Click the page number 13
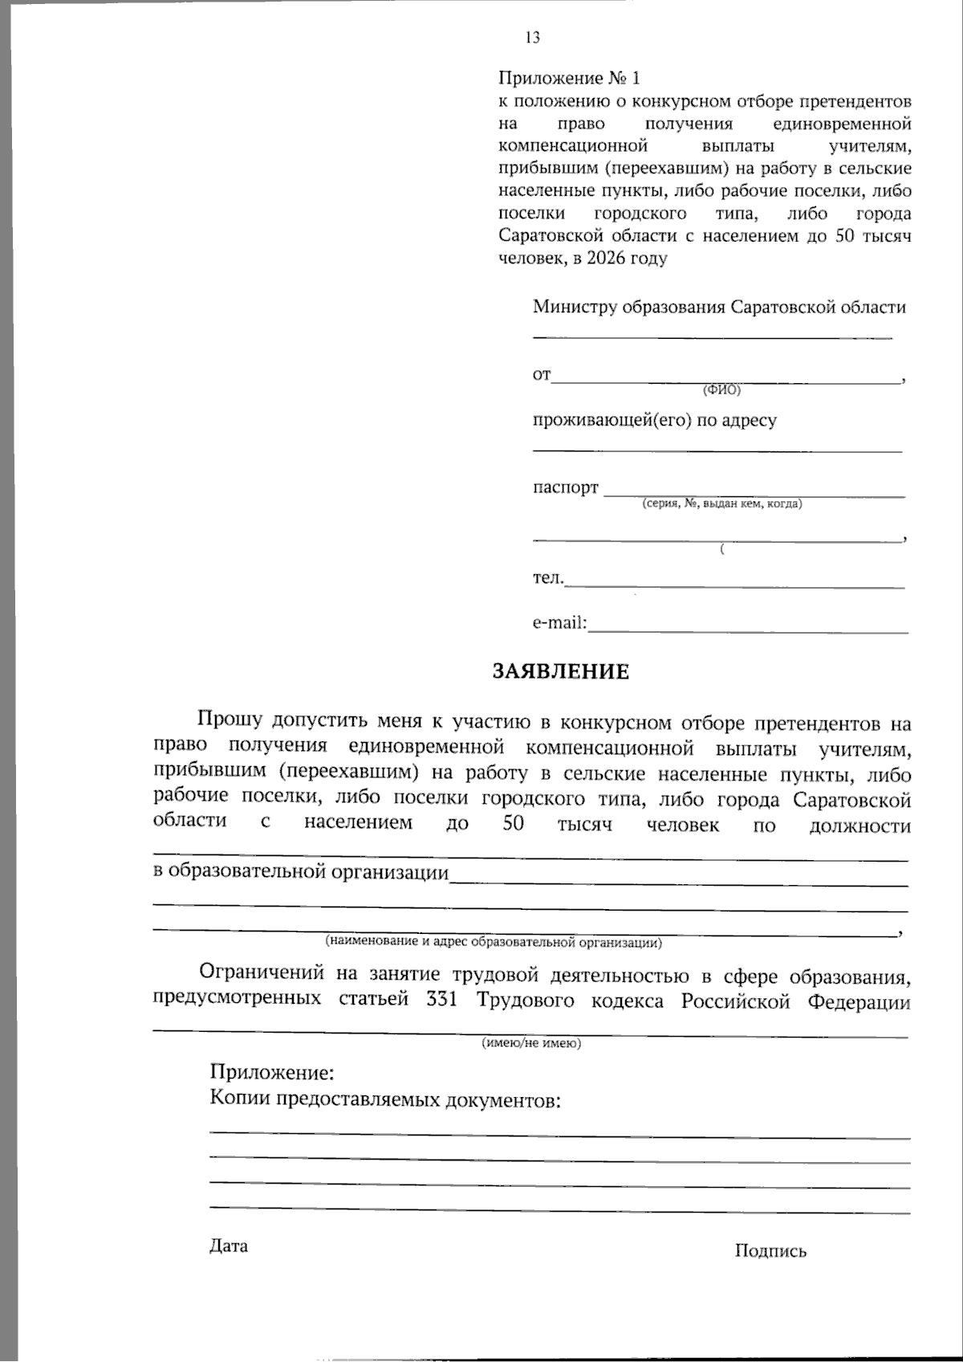tap(532, 38)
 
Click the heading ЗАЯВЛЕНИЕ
tap(561, 671)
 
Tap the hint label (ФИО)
tap(721, 390)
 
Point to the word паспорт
tap(566, 487)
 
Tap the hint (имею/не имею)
tap(531, 1043)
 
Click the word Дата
tap(229, 1246)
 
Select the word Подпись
tap(770, 1250)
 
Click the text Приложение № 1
tap(570, 79)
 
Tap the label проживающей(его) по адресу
tap(654, 420)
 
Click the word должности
tap(860, 826)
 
